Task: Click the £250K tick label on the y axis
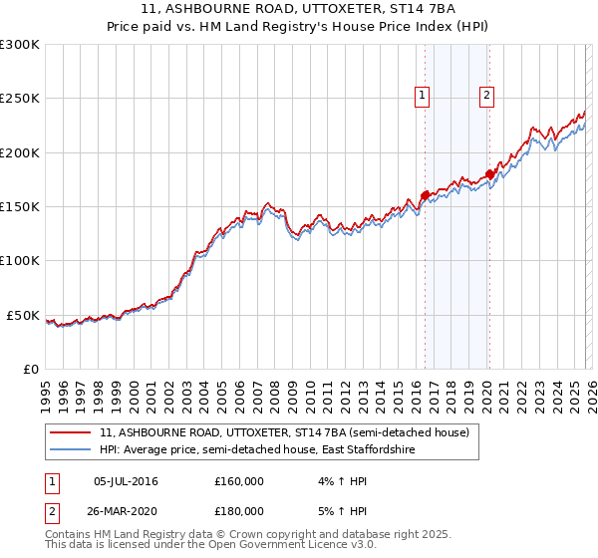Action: click(x=20, y=99)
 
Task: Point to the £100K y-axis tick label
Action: click(x=20, y=261)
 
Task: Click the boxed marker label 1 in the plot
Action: click(x=423, y=96)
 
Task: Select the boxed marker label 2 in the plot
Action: click(x=486, y=96)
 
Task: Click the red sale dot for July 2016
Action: click(x=425, y=195)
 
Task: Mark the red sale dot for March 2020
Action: click(x=489, y=173)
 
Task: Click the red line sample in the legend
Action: click(x=71, y=433)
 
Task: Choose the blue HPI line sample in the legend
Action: click(x=71, y=450)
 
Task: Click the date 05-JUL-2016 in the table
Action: click(x=126, y=482)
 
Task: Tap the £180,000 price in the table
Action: click(x=239, y=510)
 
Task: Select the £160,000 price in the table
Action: click(x=239, y=482)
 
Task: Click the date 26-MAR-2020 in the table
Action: click(x=126, y=510)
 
